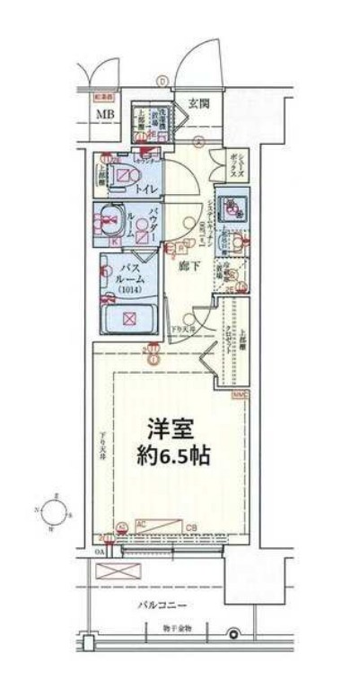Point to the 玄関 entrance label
coord(198,103)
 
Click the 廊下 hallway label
coord(187,267)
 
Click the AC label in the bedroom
coord(140,521)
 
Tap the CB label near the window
coord(190,526)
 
